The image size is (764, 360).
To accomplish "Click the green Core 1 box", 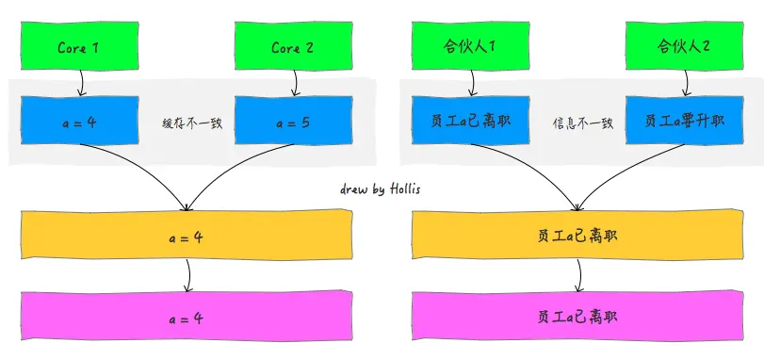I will point(79,46).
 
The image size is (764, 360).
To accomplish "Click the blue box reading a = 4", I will point(79,123).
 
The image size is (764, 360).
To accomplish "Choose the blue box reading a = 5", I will point(292,123).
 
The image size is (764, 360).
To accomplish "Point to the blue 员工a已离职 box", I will point(470,123).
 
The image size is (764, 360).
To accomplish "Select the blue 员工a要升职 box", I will point(685,123).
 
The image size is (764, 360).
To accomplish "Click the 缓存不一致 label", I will point(191,123).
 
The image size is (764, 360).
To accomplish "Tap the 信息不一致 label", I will point(582,123).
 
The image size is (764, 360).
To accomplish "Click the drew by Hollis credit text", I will point(381,189).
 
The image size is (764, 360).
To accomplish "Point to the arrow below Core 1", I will point(81,85).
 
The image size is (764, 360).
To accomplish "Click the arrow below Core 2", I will point(295,85).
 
